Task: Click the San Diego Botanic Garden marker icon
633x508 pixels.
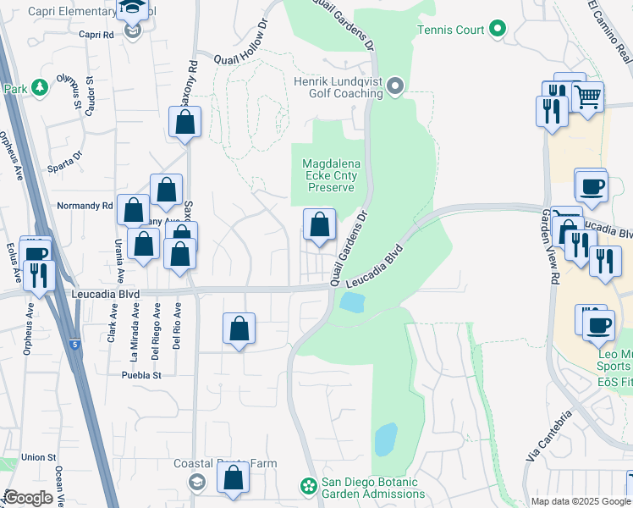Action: [x=310, y=486]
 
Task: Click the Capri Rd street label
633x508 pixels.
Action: [x=96, y=35]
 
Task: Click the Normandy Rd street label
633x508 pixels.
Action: [x=84, y=206]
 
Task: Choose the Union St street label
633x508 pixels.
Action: [x=38, y=457]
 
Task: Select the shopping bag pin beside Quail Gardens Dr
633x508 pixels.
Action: [x=319, y=225]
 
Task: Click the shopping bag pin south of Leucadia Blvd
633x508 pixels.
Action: [x=239, y=329]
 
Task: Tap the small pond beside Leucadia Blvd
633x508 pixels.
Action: [x=351, y=302]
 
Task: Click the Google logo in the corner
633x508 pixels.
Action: [x=28, y=498]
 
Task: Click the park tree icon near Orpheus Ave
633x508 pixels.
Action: [x=39, y=88]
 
